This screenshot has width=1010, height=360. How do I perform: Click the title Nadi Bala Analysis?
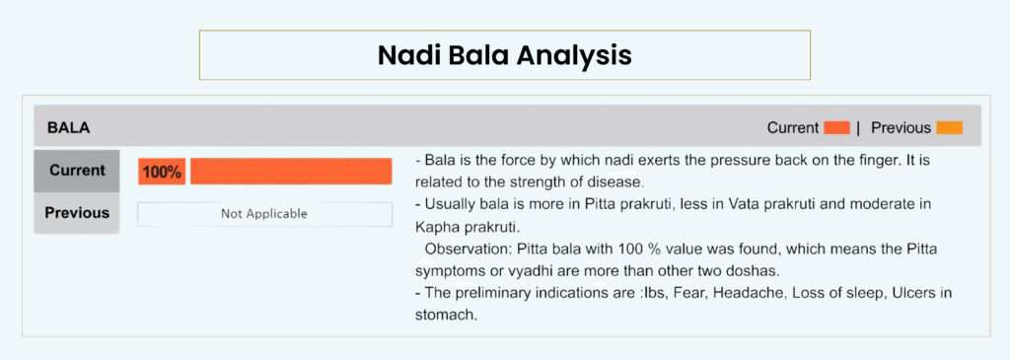(504, 55)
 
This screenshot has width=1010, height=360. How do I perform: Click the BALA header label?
(68, 128)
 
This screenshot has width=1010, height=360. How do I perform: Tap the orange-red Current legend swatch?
(836, 128)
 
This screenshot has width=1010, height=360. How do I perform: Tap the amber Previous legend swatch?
(950, 128)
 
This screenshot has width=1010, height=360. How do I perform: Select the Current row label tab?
(77, 171)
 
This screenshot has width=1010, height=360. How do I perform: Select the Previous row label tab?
(77, 212)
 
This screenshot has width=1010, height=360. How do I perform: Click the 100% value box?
(162, 172)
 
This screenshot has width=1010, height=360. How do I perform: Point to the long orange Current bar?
(291, 172)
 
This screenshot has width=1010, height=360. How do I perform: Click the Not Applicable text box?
(264, 214)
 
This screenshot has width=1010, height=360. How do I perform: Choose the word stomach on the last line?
(446, 316)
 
